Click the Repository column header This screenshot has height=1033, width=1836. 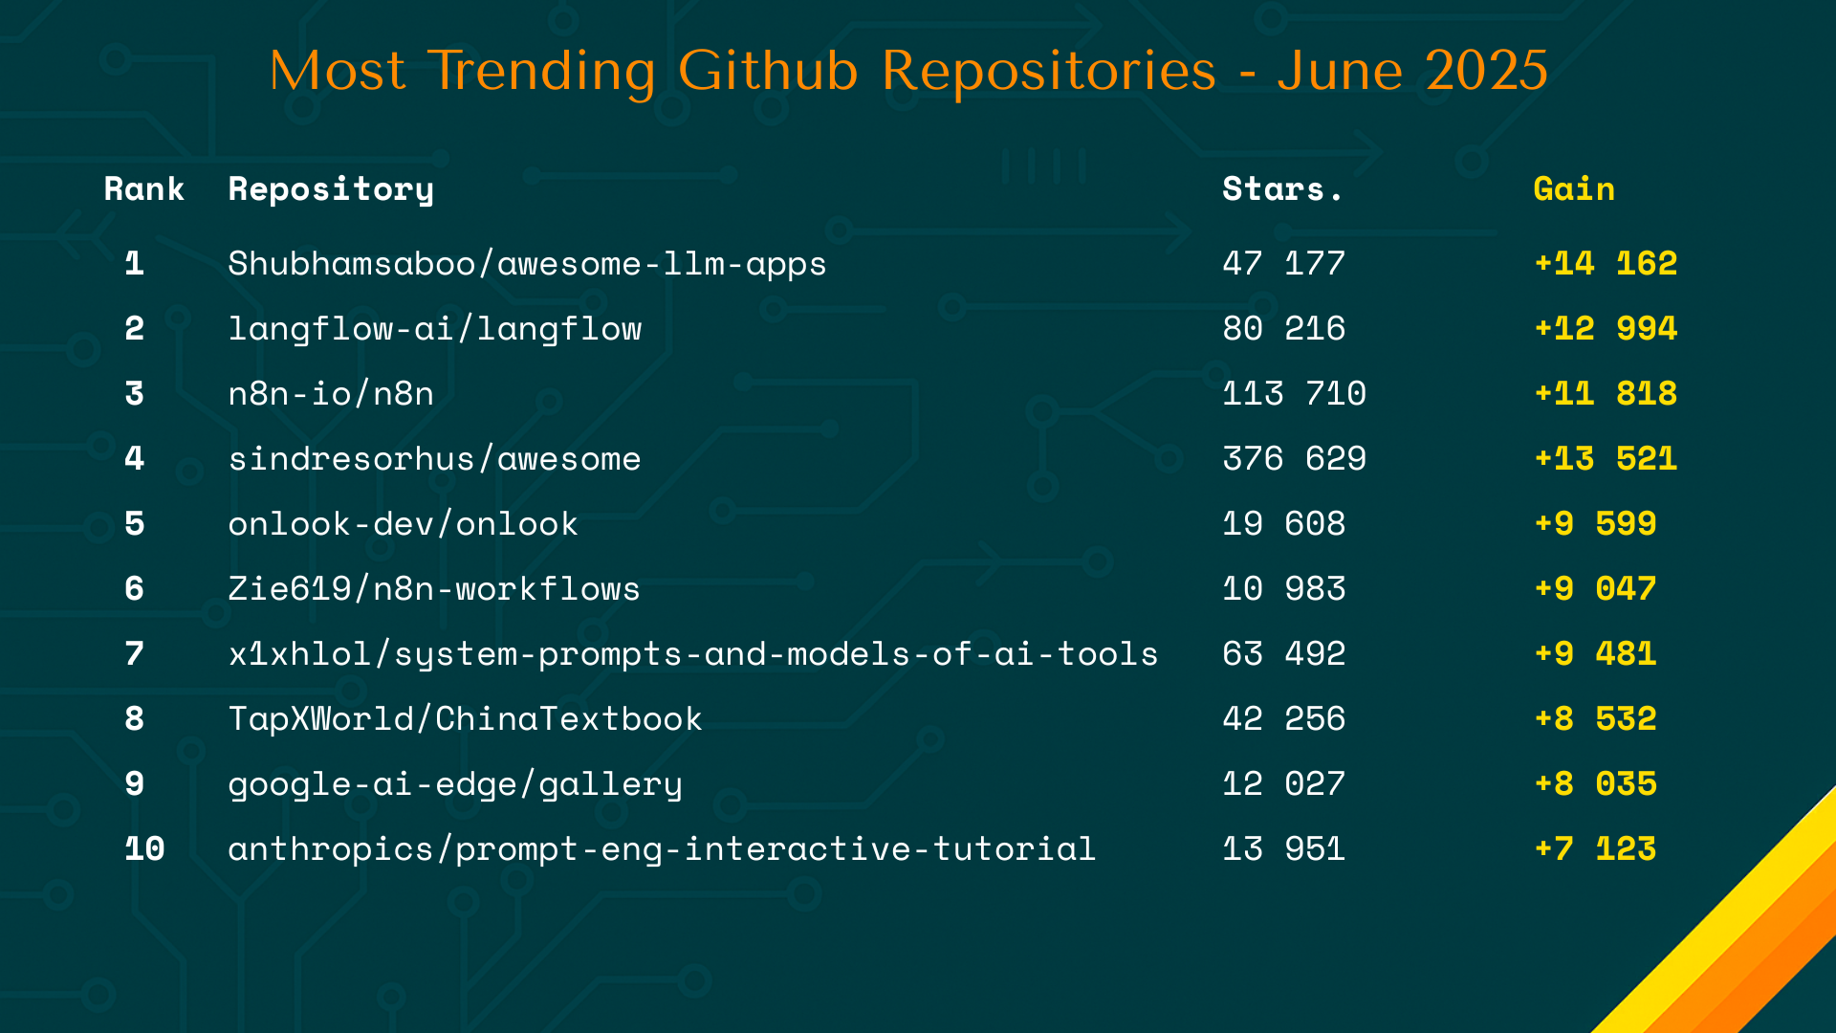[331, 189]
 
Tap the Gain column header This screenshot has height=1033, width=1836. [1574, 188]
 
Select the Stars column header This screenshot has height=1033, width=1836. [1281, 188]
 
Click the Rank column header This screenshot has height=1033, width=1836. [143, 188]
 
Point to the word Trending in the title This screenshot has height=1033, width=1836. [542, 71]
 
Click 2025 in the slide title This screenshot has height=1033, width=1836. [1487, 71]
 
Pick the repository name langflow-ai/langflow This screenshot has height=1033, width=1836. [435, 329]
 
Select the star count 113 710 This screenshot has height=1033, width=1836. [1294, 393]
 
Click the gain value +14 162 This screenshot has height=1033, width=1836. [1606, 263]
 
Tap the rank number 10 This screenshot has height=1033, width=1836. [144, 848]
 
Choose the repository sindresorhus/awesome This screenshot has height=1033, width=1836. [434, 459]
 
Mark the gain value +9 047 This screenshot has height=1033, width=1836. [1595, 588]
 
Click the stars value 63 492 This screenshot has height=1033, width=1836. [1283, 653]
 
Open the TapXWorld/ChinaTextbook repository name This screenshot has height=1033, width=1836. [465, 718]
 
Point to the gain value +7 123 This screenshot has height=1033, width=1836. [1595, 848]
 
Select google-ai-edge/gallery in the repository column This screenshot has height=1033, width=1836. [455, 784]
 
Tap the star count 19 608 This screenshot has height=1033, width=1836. [1283, 523]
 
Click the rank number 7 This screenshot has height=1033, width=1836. [135, 653]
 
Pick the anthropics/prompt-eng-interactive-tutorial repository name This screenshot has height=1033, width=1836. [662, 849]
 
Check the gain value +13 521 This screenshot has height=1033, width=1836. [1606, 458]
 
